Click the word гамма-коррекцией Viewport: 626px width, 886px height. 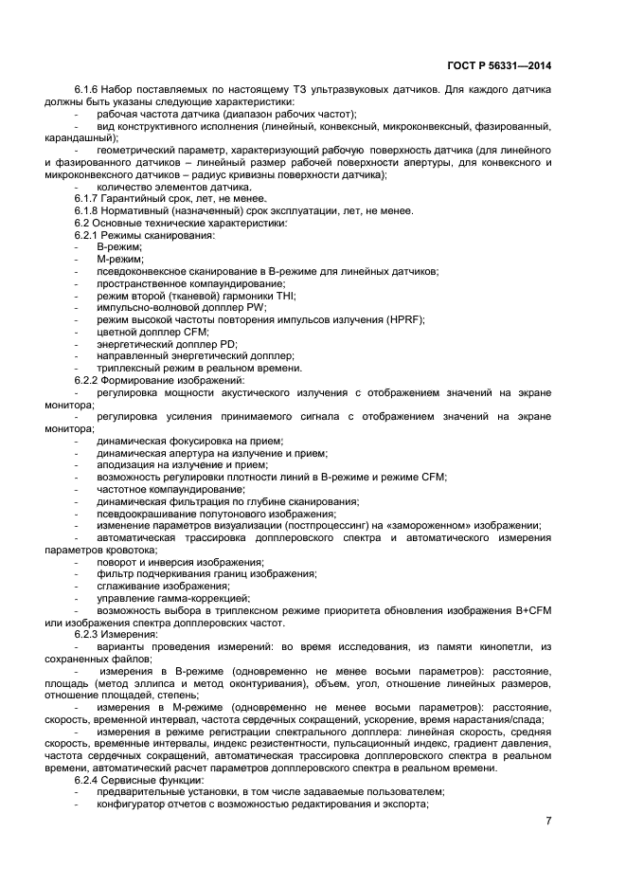pos(206,598)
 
